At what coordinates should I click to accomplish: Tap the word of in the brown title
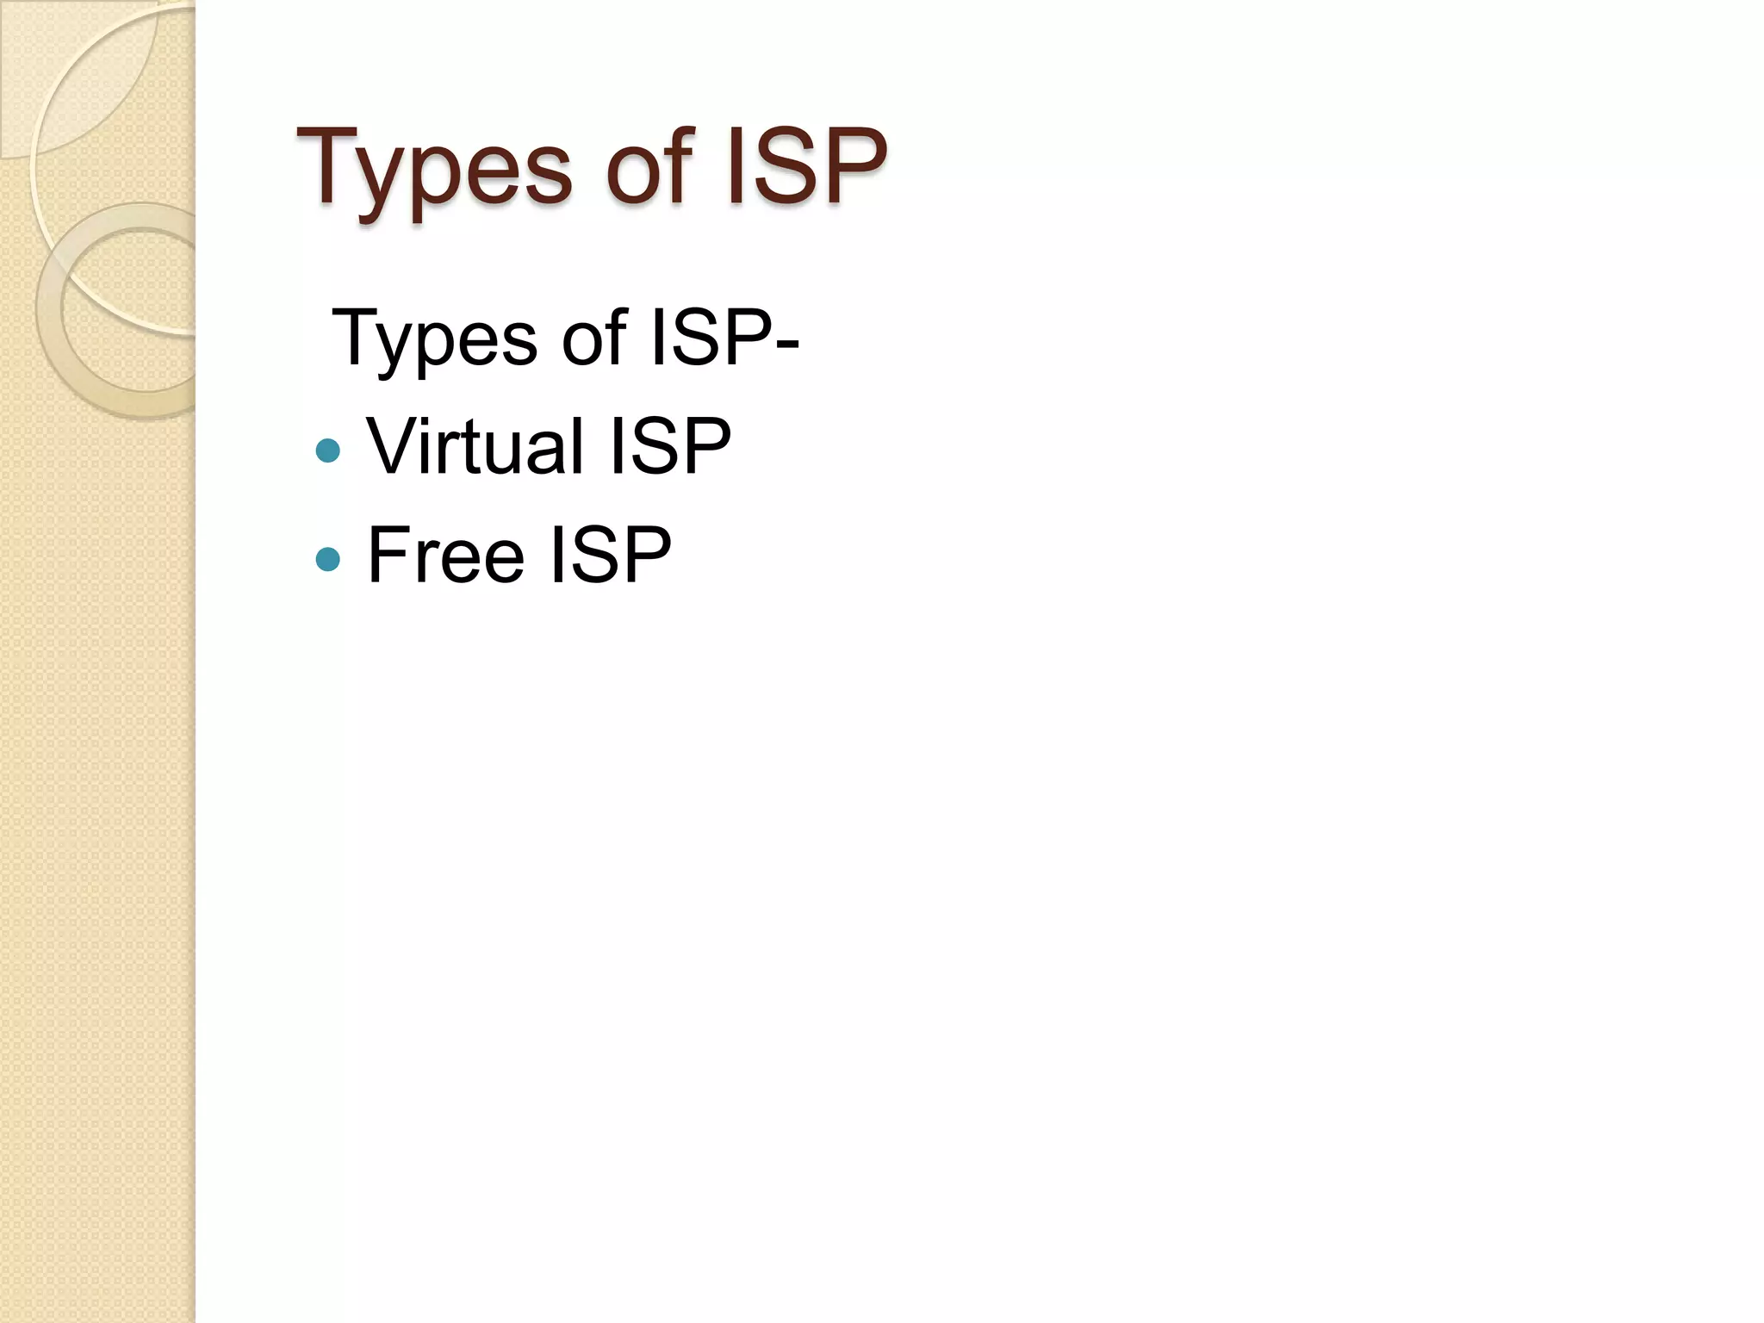click(649, 168)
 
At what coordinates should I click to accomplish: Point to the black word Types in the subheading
click(434, 339)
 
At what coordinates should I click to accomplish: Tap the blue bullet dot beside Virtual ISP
click(328, 450)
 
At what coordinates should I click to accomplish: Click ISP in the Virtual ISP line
click(669, 445)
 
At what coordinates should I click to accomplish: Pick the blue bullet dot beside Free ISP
click(328, 560)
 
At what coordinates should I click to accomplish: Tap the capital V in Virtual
click(392, 445)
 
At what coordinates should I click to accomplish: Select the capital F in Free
click(387, 556)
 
